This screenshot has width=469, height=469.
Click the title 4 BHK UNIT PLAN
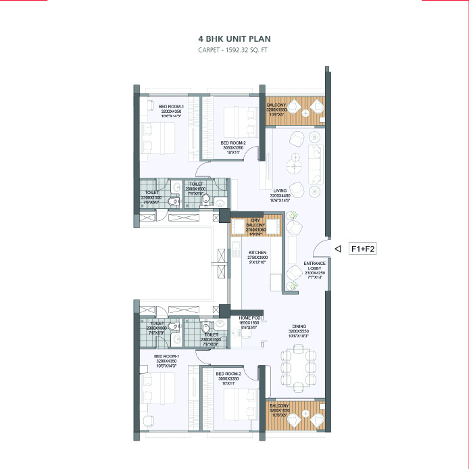234,40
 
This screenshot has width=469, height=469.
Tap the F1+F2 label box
362,249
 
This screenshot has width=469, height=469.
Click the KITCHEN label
257,253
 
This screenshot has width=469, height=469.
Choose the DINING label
299,325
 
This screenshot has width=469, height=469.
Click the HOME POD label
249,318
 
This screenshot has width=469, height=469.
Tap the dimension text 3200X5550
299,330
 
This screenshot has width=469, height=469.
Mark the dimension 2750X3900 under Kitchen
257,257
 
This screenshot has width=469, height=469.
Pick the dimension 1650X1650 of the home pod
249,323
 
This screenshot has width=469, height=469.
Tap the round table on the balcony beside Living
305,113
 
